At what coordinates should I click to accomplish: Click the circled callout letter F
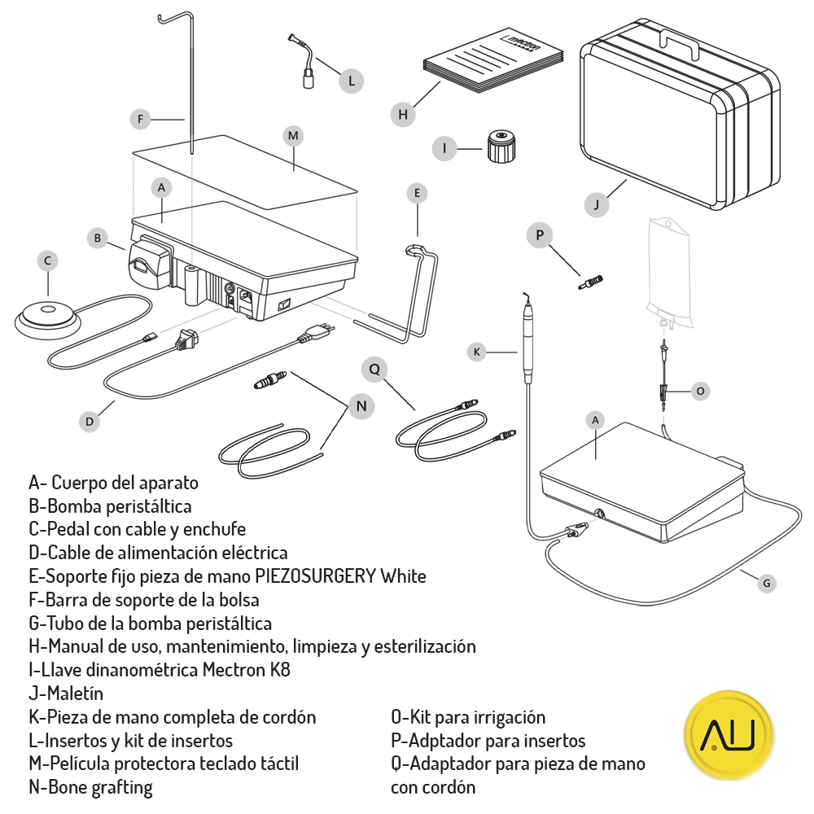[141, 119]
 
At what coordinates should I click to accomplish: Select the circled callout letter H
[403, 115]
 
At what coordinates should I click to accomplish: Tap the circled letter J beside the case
[597, 204]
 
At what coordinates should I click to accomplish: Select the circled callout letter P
[539, 235]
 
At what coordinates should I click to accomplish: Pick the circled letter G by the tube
[765, 583]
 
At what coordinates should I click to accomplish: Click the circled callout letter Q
[374, 369]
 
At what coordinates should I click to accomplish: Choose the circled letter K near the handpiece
[478, 352]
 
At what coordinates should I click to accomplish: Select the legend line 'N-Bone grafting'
[90, 787]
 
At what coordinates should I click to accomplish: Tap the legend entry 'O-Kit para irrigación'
[468, 717]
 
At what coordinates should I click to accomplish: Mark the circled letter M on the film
[294, 136]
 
